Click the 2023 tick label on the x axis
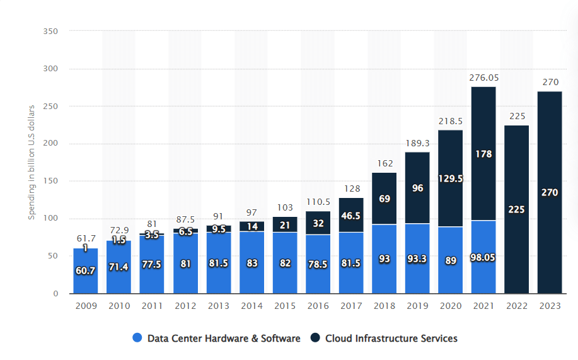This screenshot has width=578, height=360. pos(550,306)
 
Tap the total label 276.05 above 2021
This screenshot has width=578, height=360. pos(483,78)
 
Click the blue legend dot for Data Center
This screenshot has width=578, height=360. pos(137,339)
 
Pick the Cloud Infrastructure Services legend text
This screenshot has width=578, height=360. pos(391,339)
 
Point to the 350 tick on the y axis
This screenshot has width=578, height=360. pos(52,32)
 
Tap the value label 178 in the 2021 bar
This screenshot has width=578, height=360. pos(483,154)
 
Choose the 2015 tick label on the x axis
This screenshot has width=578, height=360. pos(284,306)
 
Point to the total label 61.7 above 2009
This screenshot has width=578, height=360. pos(86,239)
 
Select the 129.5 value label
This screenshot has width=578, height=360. pos(450,178)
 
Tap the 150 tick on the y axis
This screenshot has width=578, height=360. pos(52,181)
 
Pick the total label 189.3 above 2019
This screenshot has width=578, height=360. pos(417,143)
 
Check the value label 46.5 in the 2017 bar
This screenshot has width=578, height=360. pos(351,216)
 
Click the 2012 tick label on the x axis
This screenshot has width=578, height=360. pos(185,306)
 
